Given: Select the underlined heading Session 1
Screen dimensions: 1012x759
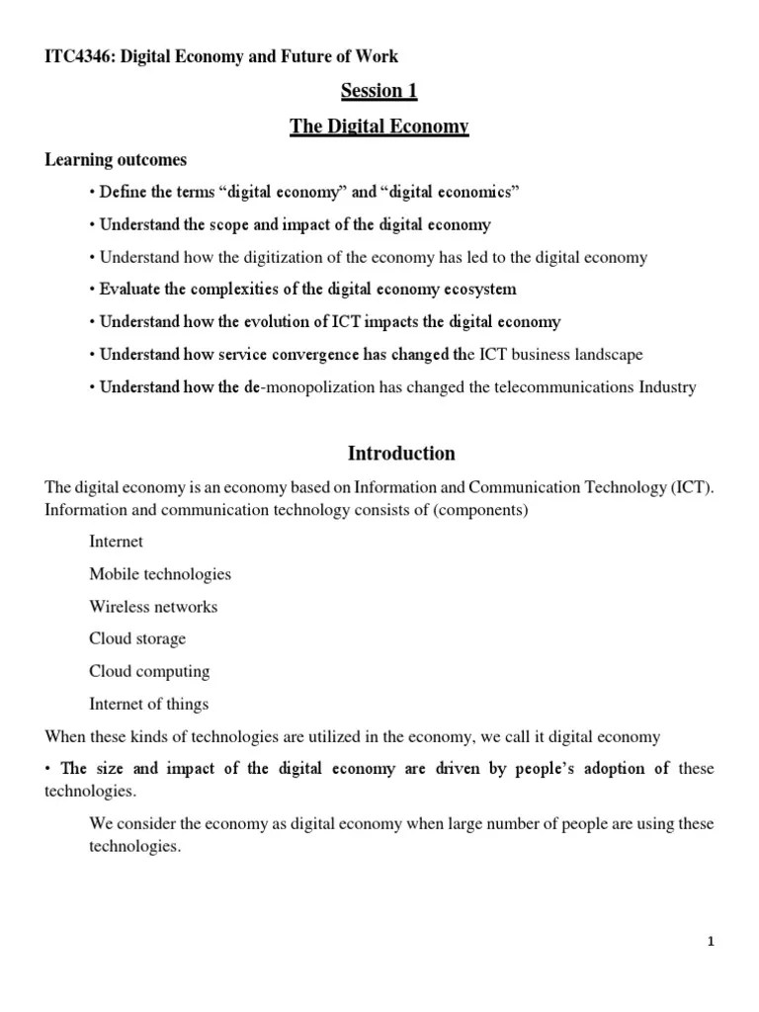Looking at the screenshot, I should click(379, 92).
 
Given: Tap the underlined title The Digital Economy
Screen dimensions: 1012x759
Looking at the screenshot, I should click(379, 126).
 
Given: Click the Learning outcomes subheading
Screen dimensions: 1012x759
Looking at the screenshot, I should click(116, 159).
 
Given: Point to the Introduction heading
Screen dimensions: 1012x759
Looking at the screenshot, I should click(401, 454).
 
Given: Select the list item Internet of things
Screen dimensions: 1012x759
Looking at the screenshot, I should click(148, 704).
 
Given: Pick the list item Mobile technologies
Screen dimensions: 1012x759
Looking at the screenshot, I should click(160, 574).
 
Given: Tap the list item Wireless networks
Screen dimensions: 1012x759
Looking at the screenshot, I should click(153, 607).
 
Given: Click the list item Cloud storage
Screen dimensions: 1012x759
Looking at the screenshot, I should click(137, 638).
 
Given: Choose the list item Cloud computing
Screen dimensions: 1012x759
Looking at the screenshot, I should click(149, 671).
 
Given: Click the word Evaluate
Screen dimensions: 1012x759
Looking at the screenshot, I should click(131, 290).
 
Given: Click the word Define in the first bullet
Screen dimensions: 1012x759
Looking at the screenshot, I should click(122, 192).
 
